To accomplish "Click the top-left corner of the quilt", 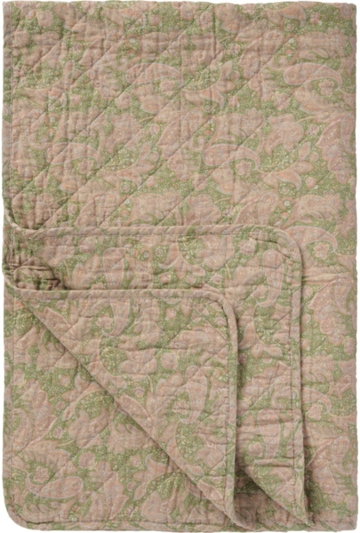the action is [5, 4].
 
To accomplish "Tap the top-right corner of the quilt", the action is [355, 4].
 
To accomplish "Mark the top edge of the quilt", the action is [178, 4].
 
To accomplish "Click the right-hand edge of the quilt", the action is [356, 266].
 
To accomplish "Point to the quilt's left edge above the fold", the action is [4, 133].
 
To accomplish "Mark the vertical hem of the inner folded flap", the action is [233, 400].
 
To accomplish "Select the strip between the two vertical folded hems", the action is [267, 400].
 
